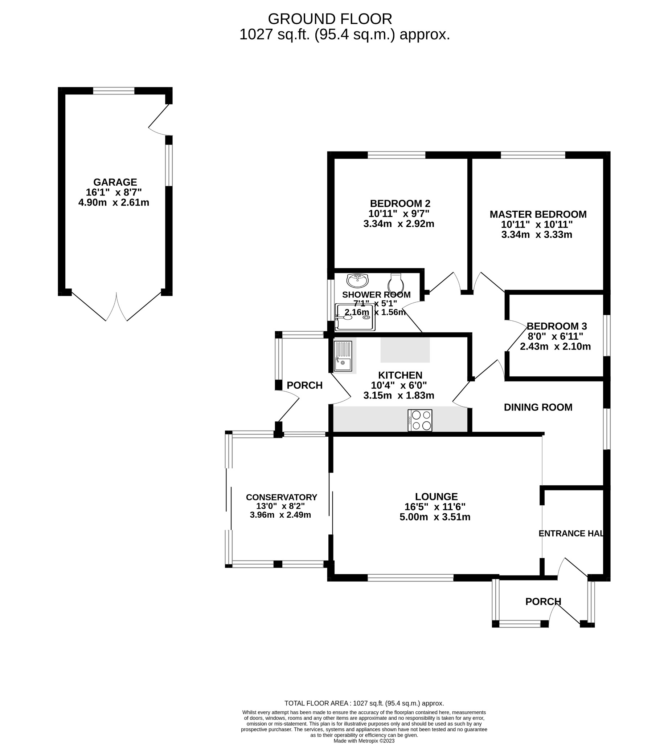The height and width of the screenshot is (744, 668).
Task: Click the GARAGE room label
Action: (x=115, y=182)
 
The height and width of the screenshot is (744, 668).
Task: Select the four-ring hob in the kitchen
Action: (x=420, y=420)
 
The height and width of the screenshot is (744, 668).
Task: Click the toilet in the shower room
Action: (x=396, y=283)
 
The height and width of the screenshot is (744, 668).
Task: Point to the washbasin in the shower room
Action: (x=357, y=281)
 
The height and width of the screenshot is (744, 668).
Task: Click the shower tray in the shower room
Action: (x=355, y=317)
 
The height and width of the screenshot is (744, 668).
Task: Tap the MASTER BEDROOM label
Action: (x=538, y=214)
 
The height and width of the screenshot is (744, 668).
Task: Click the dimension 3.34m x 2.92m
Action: (x=399, y=224)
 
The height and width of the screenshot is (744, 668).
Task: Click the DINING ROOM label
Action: (x=538, y=407)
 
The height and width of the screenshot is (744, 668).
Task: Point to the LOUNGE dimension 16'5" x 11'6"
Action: (x=435, y=507)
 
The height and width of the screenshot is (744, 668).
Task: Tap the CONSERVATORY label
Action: (x=282, y=497)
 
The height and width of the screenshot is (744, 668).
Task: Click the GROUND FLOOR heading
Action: (x=330, y=19)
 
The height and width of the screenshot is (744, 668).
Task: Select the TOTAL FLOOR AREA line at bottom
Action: (x=364, y=703)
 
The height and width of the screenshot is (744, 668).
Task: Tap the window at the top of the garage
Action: (x=114, y=91)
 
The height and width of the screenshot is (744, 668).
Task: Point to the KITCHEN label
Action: (x=400, y=375)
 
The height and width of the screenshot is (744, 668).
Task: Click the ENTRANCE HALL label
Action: (x=571, y=533)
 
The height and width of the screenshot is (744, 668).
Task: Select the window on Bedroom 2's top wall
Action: (x=396, y=155)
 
